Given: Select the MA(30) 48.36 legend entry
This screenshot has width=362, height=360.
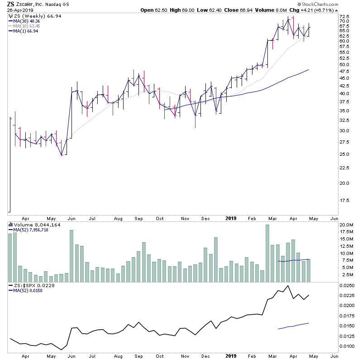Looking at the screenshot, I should (27, 21).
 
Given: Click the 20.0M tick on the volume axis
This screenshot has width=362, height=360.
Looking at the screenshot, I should (346, 225).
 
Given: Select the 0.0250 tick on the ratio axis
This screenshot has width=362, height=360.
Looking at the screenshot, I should (347, 286).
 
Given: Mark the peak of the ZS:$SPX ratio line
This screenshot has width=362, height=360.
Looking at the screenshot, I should (288, 286).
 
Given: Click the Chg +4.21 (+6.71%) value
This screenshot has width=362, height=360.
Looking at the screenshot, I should (337, 10).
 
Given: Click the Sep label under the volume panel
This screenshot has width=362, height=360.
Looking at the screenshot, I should (138, 356).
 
